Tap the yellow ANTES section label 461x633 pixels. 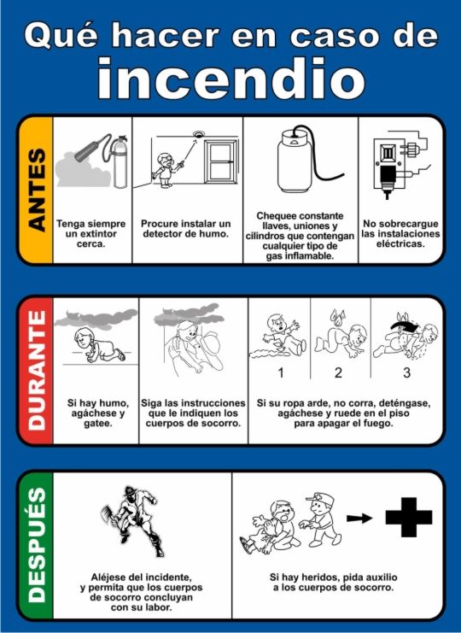point(37,190)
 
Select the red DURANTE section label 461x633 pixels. point(37,370)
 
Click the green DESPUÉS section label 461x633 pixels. point(37,545)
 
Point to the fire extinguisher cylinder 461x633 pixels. point(119,162)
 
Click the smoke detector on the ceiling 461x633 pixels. point(197,134)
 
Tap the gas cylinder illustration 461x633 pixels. point(295,161)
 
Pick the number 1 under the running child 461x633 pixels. point(281,372)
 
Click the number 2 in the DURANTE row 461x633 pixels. point(338,372)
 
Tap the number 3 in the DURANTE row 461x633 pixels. point(406,372)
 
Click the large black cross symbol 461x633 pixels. point(409,517)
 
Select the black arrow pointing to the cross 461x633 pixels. point(359,518)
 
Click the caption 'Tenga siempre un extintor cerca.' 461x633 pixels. point(91,234)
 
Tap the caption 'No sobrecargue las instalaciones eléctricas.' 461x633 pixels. point(400,234)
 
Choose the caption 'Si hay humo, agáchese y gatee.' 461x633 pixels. point(98,413)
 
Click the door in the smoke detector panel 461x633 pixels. point(221,161)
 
